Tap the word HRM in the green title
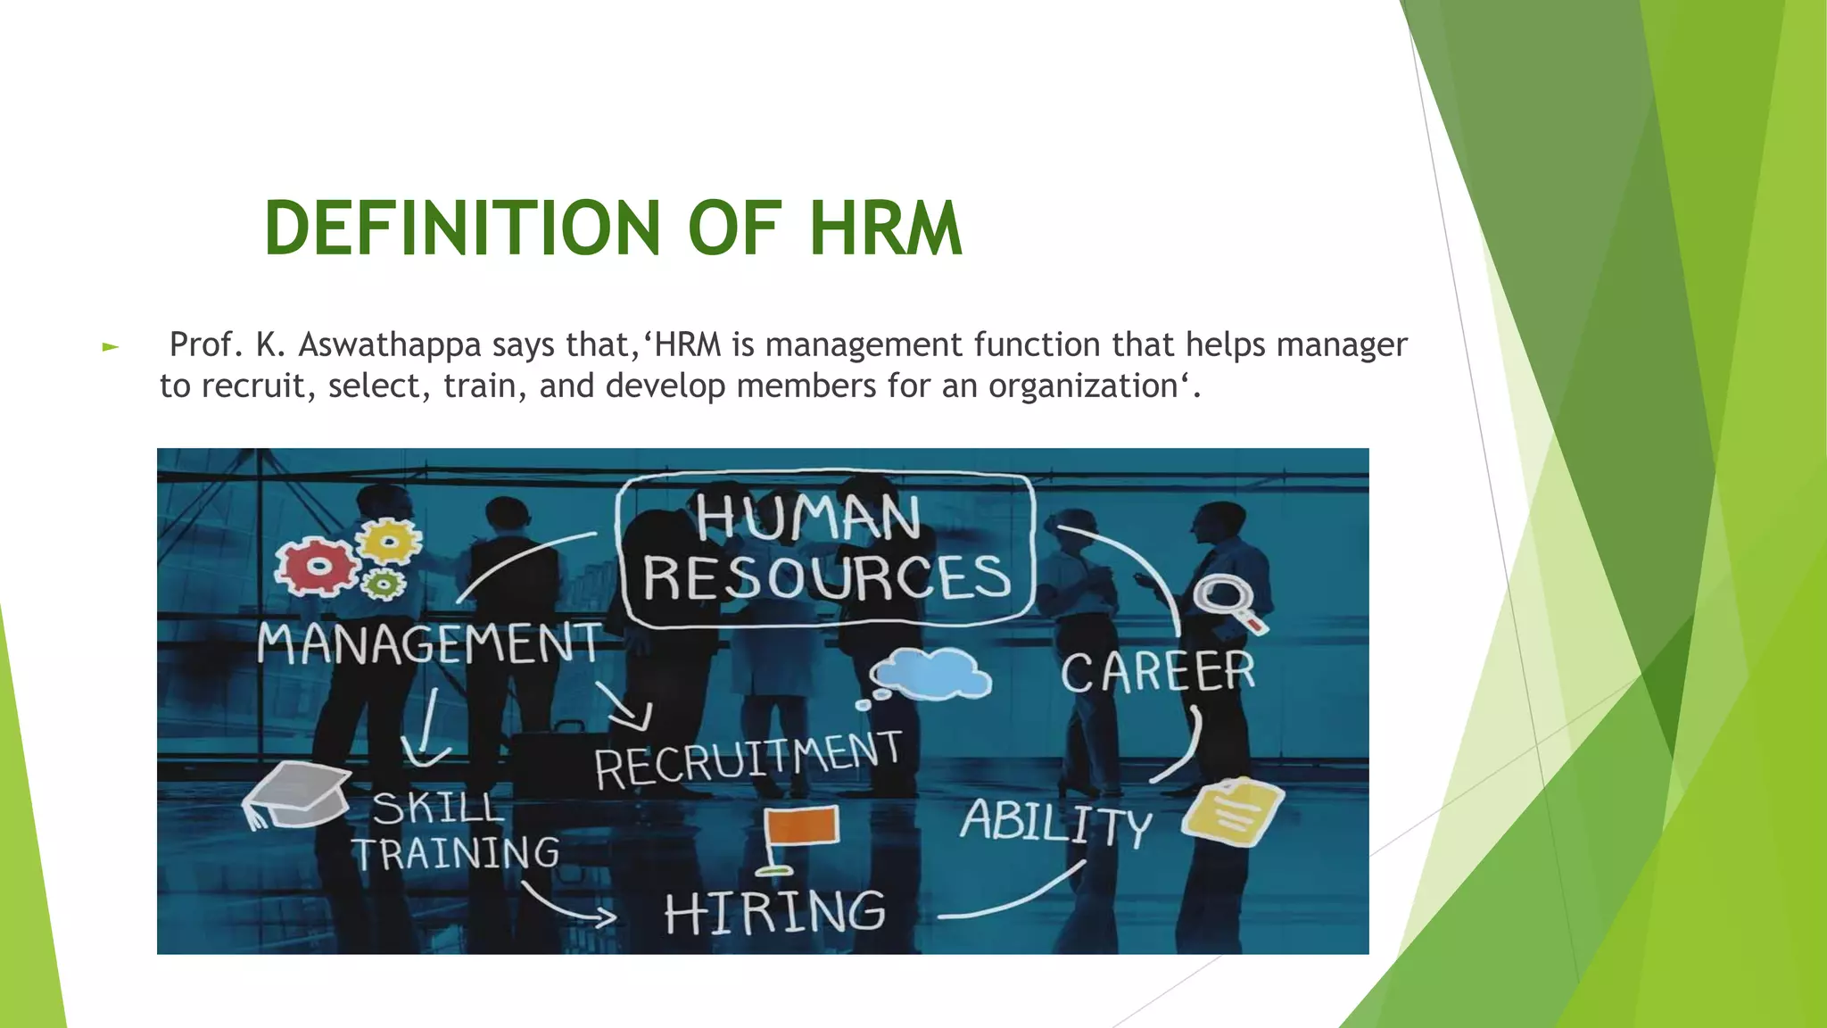pyautogui.click(x=885, y=228)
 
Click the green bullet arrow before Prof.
pyautogui.click(x=111, y=346)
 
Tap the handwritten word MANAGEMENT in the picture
pyautogui.click(x=430, y=644)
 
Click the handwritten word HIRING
pyautogui.click(x=774, y=912)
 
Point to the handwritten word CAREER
pyautogui.click(x=1158, y=671)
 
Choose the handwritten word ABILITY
pyautogui.click(x=1056, y=823)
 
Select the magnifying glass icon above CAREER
pyautogui.click(x=1226, y=600)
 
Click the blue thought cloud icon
pyautogui.click(x=932, y=675)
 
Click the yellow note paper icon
pyautogui.click(x=1233, y=810)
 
